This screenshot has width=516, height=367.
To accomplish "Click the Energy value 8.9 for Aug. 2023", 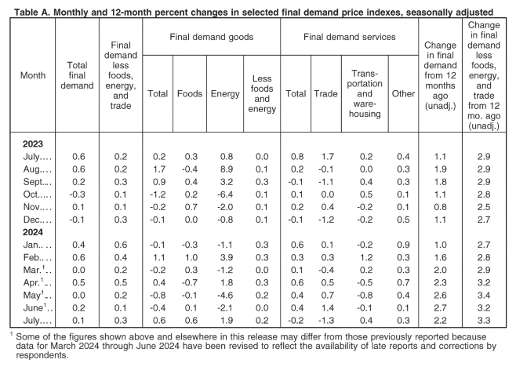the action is point(225,169).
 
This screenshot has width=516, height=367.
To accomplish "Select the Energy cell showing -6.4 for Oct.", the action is point(225,194).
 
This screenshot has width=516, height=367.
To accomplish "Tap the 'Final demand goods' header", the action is point(211,37).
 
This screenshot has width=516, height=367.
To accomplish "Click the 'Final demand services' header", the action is point(350,37).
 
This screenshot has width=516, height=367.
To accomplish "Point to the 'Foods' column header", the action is point(190,94).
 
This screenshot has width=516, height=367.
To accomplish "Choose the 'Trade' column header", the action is point(325,94).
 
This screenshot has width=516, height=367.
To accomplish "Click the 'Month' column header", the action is point(33,75).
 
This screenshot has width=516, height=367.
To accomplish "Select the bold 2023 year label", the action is point(33,144).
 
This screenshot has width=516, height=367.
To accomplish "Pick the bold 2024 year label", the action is point(33,232).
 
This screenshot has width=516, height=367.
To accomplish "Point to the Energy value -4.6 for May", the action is point(225,295).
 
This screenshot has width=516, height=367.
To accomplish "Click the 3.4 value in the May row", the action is point(484,295).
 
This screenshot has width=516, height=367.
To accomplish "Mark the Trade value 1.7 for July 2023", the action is point(327,157).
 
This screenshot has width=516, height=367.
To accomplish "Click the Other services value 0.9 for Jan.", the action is point(403,245).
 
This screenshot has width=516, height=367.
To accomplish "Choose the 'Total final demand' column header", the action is point(77,75).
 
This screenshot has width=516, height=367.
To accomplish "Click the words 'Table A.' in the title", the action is point(32,13).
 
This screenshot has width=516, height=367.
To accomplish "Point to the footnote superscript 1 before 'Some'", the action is point(12,335).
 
